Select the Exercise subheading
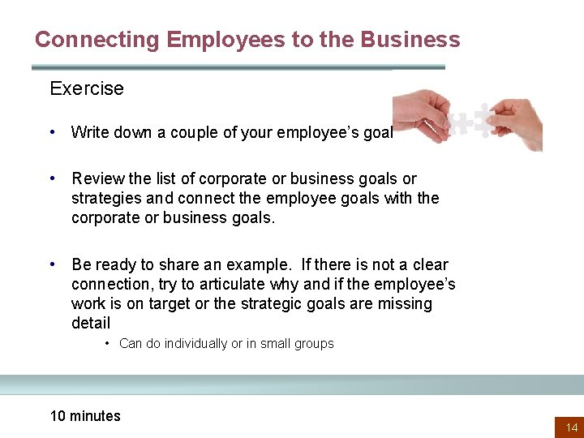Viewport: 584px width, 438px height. coord(87,88)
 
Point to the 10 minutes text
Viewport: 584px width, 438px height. coord(85,416)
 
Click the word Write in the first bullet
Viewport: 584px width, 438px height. coord(88,132)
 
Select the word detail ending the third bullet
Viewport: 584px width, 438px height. coord(91,323)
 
